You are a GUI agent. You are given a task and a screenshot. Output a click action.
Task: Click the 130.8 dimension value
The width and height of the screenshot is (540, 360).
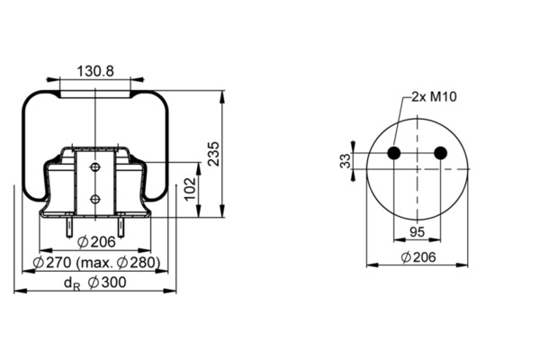pos(95,71)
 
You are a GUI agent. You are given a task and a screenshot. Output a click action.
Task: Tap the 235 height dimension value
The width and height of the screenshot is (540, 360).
pos(214,154)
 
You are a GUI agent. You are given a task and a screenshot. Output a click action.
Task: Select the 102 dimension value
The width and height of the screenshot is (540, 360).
pos(190,188)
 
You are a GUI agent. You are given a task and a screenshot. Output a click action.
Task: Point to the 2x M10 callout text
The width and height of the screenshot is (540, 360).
pos(435,97)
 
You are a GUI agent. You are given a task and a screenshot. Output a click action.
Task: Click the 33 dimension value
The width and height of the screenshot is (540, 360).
pos(345,160)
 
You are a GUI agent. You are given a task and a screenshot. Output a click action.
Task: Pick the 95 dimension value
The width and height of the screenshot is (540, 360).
pos(417,232)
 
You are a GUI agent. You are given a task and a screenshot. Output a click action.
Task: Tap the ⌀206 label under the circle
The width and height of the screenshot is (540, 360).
pos(418,257)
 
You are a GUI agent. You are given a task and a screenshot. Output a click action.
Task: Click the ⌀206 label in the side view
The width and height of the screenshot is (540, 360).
pos(97,242)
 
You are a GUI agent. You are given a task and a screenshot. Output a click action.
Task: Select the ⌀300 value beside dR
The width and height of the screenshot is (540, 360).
pos(107,283)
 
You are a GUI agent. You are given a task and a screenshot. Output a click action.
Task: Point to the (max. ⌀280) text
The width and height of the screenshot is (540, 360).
pos(118,263)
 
